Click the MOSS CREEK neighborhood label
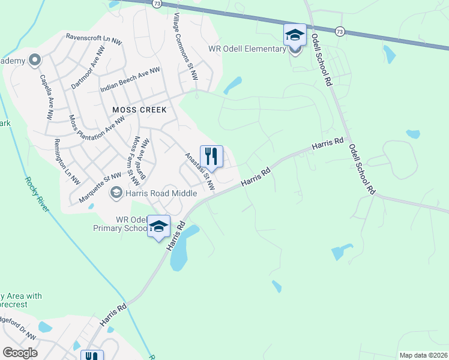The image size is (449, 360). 139,110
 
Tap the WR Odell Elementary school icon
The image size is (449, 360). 295,35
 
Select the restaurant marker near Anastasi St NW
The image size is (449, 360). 211,157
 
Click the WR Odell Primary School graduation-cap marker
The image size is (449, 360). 158,226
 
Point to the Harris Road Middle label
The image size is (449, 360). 160,193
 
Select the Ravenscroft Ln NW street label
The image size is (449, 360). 95,37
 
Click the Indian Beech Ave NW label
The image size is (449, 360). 130,79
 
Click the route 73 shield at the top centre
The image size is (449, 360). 157,4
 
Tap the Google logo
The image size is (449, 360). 20,353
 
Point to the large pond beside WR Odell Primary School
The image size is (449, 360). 182,248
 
